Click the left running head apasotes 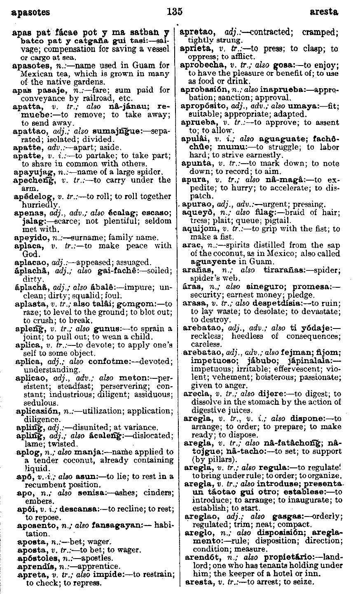pyautogui.click(x=31, y=12)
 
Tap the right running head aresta pyautogui.click(x=324, y=12)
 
